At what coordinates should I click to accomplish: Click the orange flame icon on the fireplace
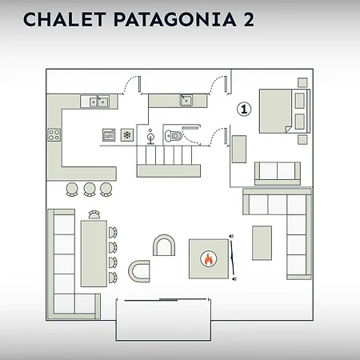[209, 258]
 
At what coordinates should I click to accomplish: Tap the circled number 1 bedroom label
[244, 109]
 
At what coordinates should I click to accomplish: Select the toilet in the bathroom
[174, 136]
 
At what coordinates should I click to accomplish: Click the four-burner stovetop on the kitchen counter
[54, 135]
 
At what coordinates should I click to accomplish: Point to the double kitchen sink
[98, 102]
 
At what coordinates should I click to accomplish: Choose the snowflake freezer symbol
[127, 135]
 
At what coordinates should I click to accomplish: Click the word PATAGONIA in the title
[175, 19]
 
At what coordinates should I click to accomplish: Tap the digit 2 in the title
[249, 19]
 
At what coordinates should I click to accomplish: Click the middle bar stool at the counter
[90, 189]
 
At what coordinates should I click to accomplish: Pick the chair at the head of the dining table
[94, 214]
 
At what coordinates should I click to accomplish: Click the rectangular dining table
[94, 254]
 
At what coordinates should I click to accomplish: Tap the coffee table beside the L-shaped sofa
[262, 242]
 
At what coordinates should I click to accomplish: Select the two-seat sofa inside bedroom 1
[278, 173]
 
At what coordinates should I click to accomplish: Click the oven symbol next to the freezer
[109, 135]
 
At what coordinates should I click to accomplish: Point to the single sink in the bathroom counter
[186, 101]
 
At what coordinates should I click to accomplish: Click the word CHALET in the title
[64, 19]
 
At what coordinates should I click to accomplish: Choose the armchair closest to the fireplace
[164, 245]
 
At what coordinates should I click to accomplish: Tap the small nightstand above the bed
[302, 82]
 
